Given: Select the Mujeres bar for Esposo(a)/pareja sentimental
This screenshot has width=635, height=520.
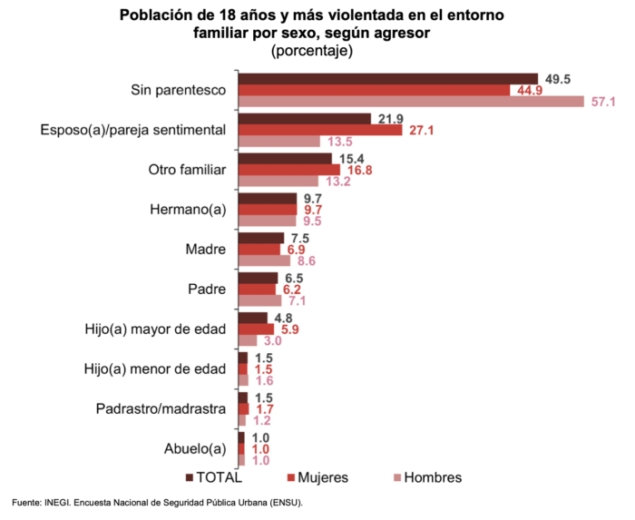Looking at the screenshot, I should tap(320, 130).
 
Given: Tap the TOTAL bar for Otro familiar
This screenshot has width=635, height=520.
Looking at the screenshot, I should tap(285, 159).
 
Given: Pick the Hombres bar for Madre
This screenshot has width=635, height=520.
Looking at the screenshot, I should tap(264, 260).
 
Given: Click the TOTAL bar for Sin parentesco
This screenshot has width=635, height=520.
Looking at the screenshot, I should tap(387, 79).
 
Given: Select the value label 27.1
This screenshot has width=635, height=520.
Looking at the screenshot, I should tap(421, 131).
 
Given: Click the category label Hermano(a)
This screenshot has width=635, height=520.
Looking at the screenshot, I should tap(187, 210).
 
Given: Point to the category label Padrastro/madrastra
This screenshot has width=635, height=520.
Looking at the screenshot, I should tap(161, 408).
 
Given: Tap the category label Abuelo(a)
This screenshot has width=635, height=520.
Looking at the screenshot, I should tap(193, 448).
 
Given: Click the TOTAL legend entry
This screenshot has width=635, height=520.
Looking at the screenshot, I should tap(214, 477).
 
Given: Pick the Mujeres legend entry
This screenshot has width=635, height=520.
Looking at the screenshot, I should tap(317, 477).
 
